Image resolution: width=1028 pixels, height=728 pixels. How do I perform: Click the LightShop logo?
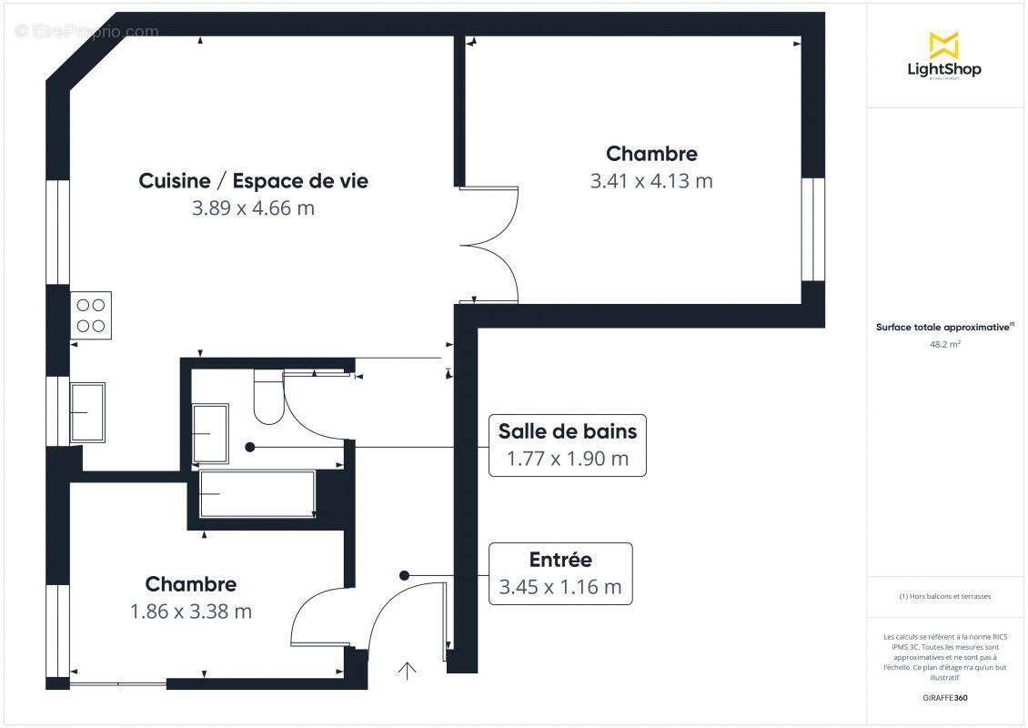click(944, 56)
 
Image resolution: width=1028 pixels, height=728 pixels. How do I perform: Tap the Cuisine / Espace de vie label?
click(253, 180)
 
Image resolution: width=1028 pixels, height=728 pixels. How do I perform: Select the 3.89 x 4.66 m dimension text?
click(253, 208)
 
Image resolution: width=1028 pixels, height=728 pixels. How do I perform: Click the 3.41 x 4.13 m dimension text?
click(651, 181)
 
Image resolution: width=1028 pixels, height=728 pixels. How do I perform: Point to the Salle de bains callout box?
click(568, 445)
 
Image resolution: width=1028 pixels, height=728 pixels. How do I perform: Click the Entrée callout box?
click(560, 574)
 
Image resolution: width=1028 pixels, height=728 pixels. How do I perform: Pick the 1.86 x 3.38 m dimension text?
click(191, 612)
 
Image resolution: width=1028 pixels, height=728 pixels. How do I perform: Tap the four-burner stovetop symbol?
click(90, 315)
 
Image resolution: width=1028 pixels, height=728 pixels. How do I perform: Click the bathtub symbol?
click(257, 494)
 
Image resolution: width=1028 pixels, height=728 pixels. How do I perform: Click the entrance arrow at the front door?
click(407, 671)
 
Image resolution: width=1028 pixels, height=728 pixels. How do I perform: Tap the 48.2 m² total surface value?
click(944, 345)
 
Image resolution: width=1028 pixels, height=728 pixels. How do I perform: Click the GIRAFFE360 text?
click(944, 698)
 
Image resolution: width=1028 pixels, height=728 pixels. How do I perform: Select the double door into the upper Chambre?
click(489, 245)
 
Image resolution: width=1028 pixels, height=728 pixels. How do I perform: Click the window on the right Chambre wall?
click(812, 228)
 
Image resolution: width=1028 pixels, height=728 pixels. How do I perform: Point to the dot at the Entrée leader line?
click(405, 575)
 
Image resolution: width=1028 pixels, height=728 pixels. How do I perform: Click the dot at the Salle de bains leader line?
click(250, 447)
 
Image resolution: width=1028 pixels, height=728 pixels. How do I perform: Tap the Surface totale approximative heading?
click(944, 328)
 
